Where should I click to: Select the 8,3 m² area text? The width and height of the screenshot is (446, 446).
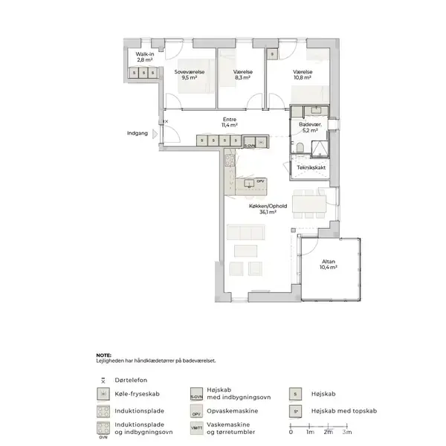click(243, 77)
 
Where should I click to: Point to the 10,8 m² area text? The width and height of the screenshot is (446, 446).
click(302, 77)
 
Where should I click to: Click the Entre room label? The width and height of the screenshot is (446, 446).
click(229, 120)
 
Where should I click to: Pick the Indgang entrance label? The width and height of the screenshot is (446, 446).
click(138, 134)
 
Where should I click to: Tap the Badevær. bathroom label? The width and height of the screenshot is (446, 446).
click(309, 124)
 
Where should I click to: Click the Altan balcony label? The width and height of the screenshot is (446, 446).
click(329, 261)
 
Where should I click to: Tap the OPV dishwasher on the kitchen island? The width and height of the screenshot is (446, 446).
click(259, 181)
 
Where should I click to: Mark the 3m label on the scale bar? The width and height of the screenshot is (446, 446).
click(348, 433)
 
